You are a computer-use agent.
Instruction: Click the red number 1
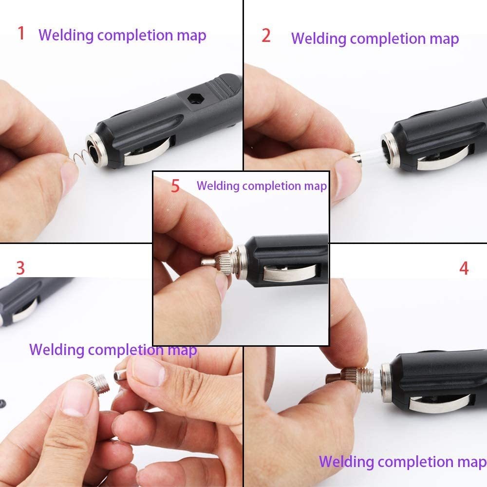point(21,33)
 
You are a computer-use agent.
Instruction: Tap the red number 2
point(266,36)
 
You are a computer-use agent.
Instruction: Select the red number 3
point(20,268)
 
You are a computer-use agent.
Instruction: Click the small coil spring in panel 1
point(78,156)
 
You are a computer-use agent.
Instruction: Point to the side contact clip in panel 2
point(444,158)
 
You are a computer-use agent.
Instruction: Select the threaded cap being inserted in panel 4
point(352,378)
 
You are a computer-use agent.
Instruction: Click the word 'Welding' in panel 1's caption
point(66,35)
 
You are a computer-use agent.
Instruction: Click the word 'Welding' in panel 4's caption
point(347,462)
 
